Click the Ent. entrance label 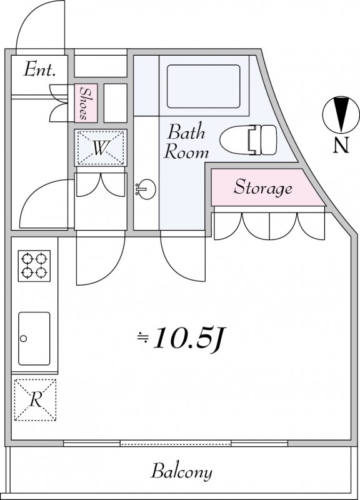(x=39, y=69)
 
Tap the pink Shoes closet (x=86, y=103)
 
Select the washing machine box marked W (x=101, y=147)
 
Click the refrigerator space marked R (x=35, y=399)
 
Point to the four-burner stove (x=34, y=266)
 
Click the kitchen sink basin (x=34, y=338)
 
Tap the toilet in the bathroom (x=248, y=139)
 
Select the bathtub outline (x=203, y=86)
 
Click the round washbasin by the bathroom (x=146, y=189)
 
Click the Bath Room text (x=186, y=142)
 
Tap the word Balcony (x=181, y=472)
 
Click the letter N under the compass (x=341, y=146)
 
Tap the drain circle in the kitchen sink (x=23, y=339)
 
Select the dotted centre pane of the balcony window (x=176, y=443)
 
